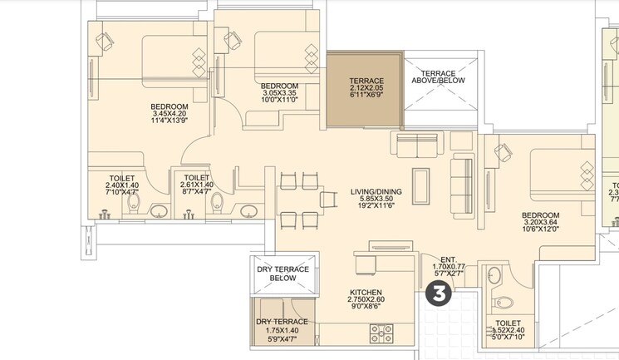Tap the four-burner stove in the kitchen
pos(381,333)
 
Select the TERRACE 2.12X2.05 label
pos(366,88)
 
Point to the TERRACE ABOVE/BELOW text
pos(440,76)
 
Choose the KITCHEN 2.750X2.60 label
pos(366,300)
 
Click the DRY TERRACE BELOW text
pos(282,275)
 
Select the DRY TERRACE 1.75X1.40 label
pos(282,329)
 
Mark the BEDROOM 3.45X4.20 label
pos(169,114)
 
